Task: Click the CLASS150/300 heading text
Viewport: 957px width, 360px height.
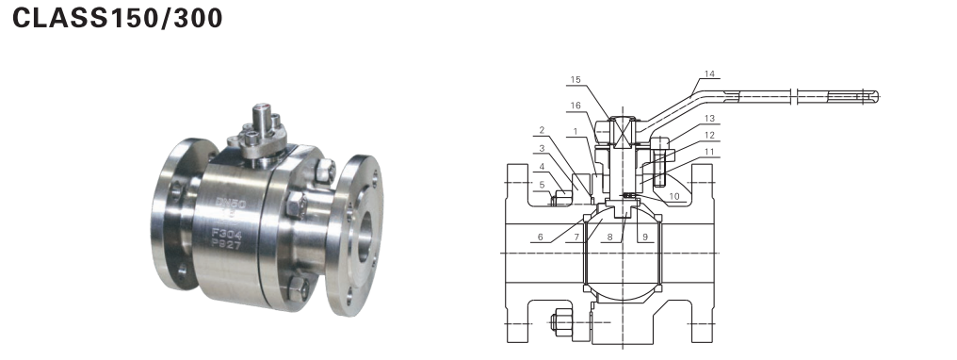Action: coord(117,18)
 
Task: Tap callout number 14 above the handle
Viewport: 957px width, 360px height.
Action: coord(708,74)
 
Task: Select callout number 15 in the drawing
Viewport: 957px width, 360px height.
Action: coord(576,80)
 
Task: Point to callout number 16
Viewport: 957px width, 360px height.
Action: coord(576,106)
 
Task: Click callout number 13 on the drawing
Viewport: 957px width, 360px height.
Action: coord(708,119)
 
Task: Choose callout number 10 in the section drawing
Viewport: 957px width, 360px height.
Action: coord(673,196)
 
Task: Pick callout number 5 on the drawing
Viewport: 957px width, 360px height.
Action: coord(541,185)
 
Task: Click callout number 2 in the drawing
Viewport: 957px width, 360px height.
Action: coord(541,130)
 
